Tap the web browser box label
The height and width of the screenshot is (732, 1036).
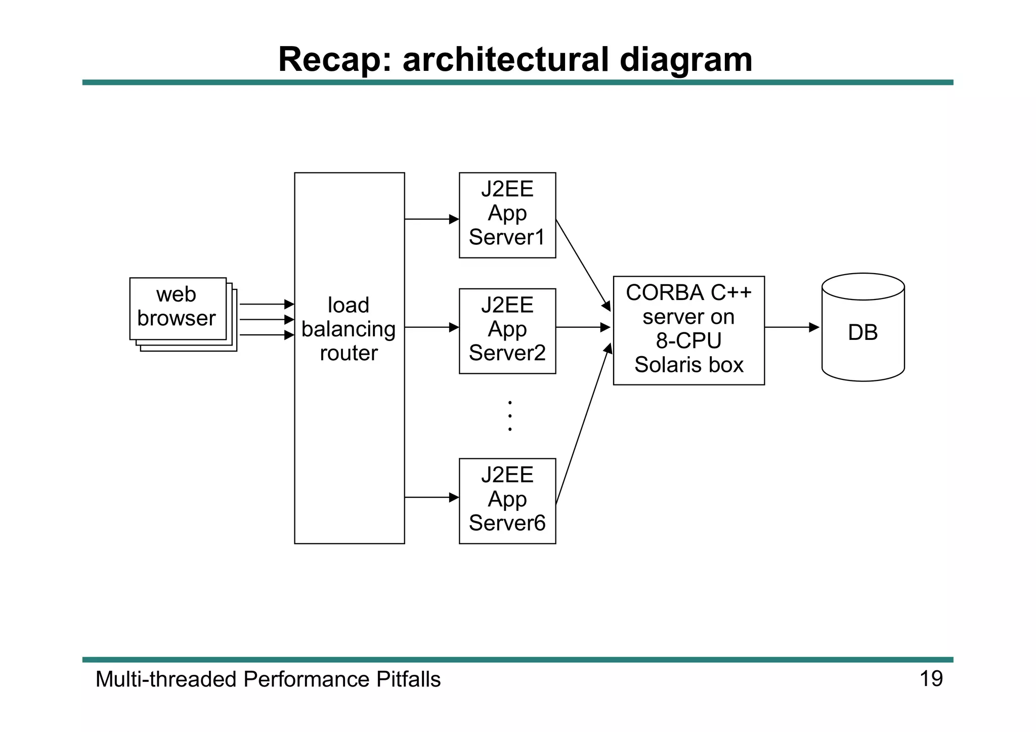click(177, 307)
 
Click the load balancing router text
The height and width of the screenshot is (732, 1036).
click(349, 329)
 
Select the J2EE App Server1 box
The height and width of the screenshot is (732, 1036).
click(507, 215)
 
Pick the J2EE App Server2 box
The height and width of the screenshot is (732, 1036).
click(507, 331)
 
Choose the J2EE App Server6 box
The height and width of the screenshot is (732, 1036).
click(507, 501)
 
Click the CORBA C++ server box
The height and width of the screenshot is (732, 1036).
click(688, 330)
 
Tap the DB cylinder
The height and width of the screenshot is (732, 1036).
click(862, 332)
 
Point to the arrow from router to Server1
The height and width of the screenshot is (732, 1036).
click(431, 219)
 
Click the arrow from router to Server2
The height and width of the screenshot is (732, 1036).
click(431, 327)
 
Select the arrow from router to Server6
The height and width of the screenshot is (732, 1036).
click(431, 497)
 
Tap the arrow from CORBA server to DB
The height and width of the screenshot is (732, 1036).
click(791, 327)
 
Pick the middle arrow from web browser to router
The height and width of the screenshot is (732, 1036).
click(266, 320)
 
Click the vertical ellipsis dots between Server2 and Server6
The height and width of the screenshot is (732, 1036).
click(510, 416)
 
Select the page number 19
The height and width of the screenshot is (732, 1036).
click(931, 679)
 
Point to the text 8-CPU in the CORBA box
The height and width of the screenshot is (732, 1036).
click(688, 340)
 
